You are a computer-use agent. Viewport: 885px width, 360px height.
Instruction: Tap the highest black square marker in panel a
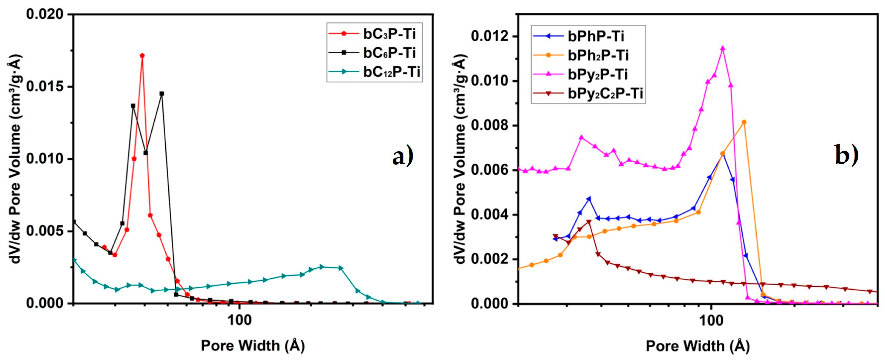[162, 93]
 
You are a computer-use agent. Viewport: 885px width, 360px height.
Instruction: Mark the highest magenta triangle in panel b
[722, 48]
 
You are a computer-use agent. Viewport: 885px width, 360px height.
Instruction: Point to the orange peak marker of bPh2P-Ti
[744, 122]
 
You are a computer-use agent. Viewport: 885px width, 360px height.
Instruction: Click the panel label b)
[846, 155]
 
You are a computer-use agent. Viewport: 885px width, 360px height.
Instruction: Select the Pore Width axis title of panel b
[697, 346]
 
